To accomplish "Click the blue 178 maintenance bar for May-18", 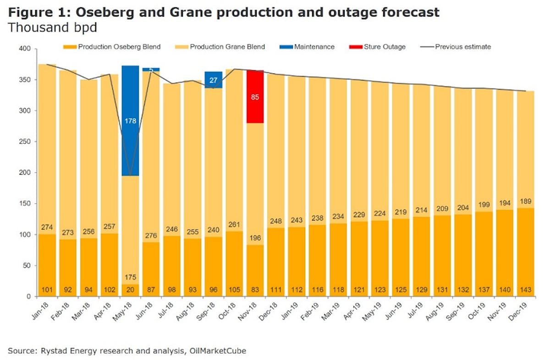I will [130, 122].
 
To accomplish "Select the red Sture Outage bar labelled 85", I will [255, 97].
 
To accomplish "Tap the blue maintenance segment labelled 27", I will [213, 80].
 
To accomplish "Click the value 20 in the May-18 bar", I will [130, 290].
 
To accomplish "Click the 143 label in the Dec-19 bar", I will [525, 290].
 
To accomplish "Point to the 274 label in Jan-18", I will [47, 227].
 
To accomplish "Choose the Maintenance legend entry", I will [314, 47].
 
